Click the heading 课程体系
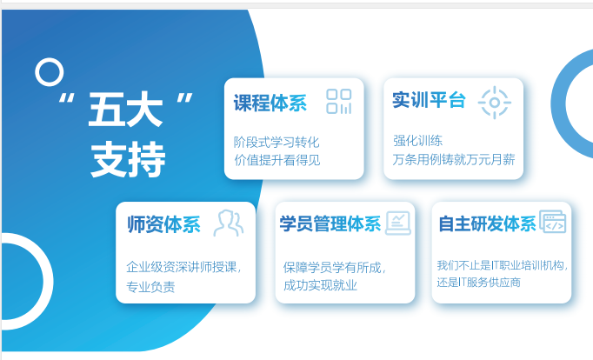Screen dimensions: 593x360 [x=270, y=103]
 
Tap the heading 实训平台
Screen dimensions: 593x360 [x=429, y=100]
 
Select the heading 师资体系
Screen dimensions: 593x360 [x=163, y=224]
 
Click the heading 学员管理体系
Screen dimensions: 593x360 [x=330, y=223]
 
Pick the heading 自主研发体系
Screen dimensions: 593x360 [x=487, y=223]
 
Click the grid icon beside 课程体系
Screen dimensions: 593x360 [x=339, y=102]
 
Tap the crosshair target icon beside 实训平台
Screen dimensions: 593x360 [x=494, y=103]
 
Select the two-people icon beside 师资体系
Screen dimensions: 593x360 [x=229, y=223]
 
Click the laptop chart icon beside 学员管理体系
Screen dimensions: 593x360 [x=398, y=223]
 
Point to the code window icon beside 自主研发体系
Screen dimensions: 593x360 [x=552, y=222]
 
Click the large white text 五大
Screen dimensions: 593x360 [x=125, y=110]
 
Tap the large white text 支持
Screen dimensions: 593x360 [x=128, y=159]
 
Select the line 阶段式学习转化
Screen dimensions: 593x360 [x=277, y=143]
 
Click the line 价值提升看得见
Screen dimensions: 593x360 [x=277, y=160]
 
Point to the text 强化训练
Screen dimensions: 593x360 [x=417, y=141]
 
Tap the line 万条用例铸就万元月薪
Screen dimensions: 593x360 [x=454, y=160]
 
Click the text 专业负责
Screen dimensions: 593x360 [x=150, y=287]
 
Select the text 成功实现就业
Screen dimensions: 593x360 [x=320, y=285]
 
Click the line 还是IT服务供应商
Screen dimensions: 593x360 [x=479, y=283]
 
